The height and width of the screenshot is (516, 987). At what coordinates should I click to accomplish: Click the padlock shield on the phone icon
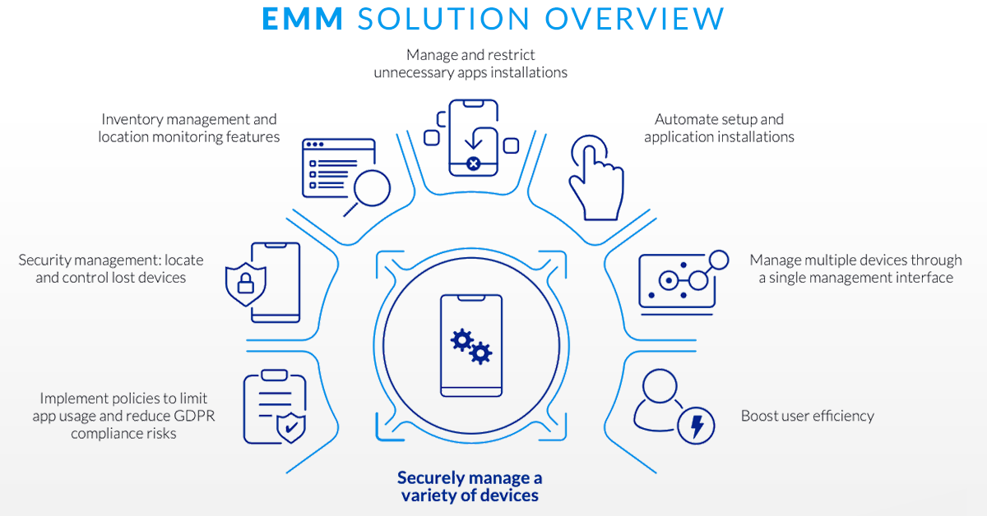[245, 284]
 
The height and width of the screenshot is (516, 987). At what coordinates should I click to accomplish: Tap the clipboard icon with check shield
[274, 408]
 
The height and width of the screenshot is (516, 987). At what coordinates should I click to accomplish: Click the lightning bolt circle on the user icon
[696, 425]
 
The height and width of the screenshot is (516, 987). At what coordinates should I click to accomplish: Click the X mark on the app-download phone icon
[473, 164]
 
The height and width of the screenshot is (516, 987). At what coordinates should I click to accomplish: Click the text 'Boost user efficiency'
[807, 416]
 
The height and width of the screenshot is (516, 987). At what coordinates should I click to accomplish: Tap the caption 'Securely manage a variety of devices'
[470, 486]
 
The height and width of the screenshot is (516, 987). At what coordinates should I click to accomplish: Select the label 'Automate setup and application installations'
[719, 128]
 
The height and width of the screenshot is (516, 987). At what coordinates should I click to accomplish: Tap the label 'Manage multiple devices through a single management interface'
[855, 269]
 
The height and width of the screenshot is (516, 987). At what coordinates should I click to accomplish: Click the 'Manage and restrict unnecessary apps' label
[470, 63]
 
